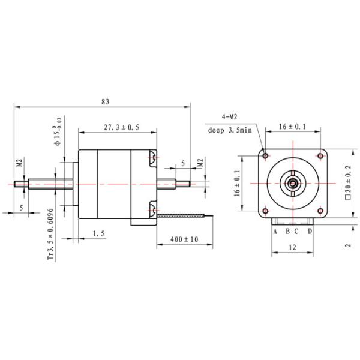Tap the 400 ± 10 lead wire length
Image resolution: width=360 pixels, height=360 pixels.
coord(184,239)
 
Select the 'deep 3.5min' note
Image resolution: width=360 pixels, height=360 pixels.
coord(230,129)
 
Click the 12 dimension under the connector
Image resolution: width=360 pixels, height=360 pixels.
coord(292,247)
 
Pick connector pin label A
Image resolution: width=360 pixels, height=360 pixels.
coord(275,231)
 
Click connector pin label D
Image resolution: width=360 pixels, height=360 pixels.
coord(310,231)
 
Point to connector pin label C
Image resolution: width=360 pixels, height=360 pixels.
coord(296,231)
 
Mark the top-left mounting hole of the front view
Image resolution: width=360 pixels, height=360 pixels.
coord(265,156)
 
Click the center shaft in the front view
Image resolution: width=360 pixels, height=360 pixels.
coord(292,183)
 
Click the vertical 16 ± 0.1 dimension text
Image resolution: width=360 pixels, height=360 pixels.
coord(238,183)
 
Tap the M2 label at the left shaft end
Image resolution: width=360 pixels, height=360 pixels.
coord(19,163)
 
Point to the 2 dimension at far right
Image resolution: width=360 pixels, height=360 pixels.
coord(347,245)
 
